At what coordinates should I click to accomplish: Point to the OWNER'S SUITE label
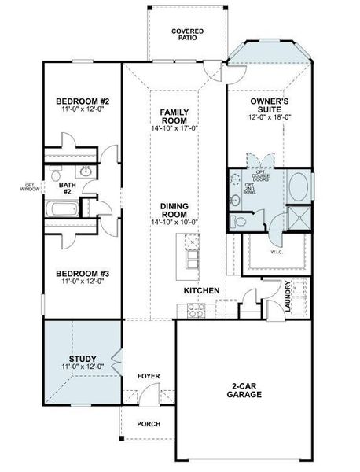[270, 101]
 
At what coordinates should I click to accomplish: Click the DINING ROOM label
[173, 210]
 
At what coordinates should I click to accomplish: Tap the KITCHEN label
[201, 290]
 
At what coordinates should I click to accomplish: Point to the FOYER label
[149, 376]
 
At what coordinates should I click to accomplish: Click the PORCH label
[148, 424]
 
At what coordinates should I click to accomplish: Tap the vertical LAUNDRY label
[288, 296]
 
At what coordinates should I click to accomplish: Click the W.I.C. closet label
[275, 252]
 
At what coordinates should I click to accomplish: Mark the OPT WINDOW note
[30, 186]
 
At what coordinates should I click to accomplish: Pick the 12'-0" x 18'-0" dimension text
[270, 116]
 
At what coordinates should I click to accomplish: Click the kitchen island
[189, 259]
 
